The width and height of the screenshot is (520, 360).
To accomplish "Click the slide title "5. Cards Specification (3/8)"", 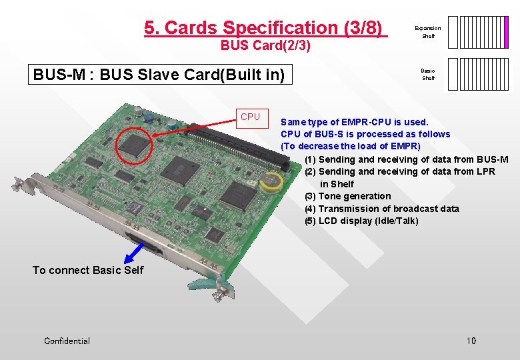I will point(265,28).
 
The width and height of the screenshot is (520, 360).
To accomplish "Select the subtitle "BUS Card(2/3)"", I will point(265,46).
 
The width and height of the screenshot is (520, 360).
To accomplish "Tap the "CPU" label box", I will point(251,117).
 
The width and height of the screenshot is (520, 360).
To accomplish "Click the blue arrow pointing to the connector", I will point(135,254).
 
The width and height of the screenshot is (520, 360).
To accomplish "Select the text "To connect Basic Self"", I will point(88,270).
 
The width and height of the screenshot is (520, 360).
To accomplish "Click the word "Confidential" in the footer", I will point(67,341).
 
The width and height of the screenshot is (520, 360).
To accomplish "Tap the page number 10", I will point(471,341).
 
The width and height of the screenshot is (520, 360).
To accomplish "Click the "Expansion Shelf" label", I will point(428,32).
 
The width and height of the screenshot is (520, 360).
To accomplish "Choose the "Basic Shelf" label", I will point(428,74).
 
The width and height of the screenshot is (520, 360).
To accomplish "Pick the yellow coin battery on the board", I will point(270,183).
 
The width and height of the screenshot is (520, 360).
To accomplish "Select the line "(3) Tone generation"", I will point(348,196).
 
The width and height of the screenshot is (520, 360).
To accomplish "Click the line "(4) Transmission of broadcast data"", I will point(382,209).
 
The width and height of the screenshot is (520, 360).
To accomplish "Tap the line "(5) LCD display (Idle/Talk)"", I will point(361,221).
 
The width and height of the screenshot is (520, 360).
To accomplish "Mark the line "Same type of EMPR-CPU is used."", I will point(355,122).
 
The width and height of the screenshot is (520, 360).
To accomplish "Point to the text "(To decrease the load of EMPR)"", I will point(351,146).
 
